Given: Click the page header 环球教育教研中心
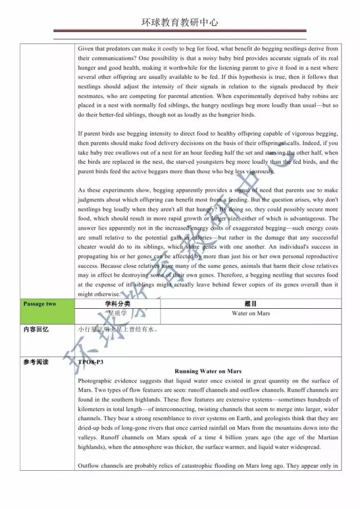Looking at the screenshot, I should [x=180, y=23].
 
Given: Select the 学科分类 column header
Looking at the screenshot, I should [x=118, y=304].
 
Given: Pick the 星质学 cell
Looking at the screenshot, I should [x=118, y=313].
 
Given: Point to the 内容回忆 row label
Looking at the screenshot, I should [x=36, y=329].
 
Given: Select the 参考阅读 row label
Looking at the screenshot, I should [x=36, y=362].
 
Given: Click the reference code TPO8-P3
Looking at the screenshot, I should [x=91, y=362].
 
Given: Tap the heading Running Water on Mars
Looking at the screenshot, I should [x=208, y=371].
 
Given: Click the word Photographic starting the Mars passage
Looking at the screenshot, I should [x=97, y=381].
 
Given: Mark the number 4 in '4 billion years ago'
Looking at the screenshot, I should [x=207, y=438].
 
